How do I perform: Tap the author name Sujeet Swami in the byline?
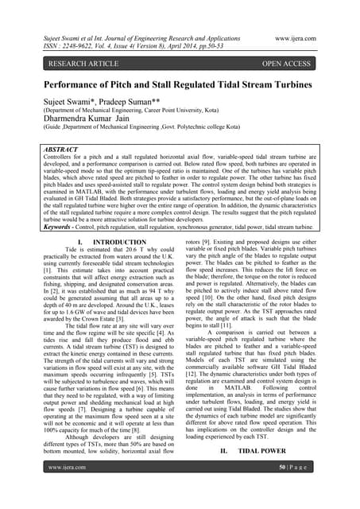tap(52, 103)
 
